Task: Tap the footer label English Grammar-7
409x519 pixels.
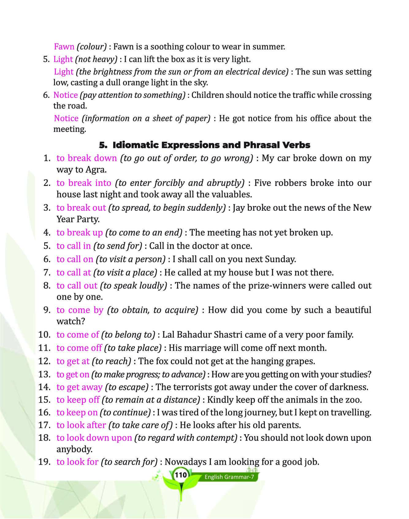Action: coord(229,477)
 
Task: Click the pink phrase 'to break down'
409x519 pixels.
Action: coord(87,158)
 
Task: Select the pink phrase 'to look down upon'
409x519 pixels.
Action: coord(94,438)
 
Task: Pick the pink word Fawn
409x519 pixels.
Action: coord(64,47)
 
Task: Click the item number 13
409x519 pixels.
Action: coord(44,374)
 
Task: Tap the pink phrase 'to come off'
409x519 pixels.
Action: coord(79,348)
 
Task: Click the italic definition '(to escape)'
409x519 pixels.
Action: coord(127,387)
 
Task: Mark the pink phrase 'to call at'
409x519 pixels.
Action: coord(74,272)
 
